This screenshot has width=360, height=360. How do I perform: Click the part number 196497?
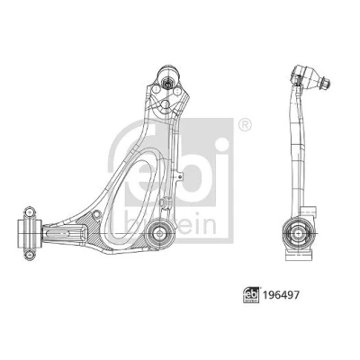click(281, 295)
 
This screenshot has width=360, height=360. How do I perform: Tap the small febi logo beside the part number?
click(251, 295)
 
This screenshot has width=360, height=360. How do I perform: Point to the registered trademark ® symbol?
click(245, 124)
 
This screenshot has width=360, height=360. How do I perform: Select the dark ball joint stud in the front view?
click(167, 82)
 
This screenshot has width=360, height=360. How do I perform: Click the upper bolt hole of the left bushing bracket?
click(29, 212)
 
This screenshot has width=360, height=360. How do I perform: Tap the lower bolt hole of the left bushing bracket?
click(30, 255)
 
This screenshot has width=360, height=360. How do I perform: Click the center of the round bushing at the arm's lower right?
click(159, 233)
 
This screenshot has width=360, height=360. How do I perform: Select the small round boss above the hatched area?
click(97, 214)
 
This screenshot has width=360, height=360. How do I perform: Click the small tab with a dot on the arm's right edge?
click(179, 176)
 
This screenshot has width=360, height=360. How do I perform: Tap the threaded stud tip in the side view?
click(326, 83)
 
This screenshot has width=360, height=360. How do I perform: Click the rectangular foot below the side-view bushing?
click(298, 256)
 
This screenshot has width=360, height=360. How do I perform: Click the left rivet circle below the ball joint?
click(156, 89)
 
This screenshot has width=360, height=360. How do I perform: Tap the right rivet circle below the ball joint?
click(177, 90)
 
